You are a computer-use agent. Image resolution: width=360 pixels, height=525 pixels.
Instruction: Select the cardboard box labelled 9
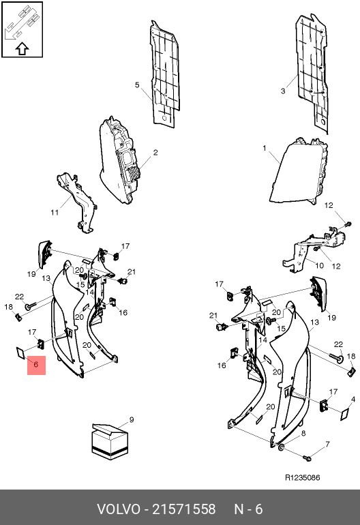[110, 442]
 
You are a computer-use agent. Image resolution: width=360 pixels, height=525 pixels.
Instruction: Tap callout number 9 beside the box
[132, 419]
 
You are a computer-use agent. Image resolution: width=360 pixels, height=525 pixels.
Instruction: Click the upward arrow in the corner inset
[22, 49]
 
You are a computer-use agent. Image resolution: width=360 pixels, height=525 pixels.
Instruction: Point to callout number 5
[137, 85]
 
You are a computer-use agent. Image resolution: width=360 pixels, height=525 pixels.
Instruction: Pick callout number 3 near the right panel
[283, 91]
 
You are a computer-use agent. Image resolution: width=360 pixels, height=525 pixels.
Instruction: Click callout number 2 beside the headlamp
[155, 152]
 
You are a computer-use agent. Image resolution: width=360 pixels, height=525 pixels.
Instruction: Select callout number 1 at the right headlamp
[265, 148]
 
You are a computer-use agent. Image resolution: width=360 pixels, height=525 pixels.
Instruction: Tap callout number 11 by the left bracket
[55, 212]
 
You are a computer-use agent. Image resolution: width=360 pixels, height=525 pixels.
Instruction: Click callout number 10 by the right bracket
[320, 265]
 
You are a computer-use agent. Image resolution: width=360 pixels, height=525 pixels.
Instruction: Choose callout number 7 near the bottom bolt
[327, 445]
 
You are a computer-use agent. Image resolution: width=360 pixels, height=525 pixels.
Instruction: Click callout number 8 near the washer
[303, 434]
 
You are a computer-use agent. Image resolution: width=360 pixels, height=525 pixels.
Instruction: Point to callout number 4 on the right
[353, 399]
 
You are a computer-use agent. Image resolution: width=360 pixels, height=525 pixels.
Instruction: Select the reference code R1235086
[303, 477]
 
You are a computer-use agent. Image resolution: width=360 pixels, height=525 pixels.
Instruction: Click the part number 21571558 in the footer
[184, 509]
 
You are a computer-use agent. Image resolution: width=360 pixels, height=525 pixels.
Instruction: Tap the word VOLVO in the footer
[118, 509]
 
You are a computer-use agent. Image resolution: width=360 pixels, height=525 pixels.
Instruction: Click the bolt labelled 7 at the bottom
[307, 457]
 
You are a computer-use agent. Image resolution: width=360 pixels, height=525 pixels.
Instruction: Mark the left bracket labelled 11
[77, 202]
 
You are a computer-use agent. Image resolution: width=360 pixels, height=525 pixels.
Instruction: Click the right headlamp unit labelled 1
[299, 170]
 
